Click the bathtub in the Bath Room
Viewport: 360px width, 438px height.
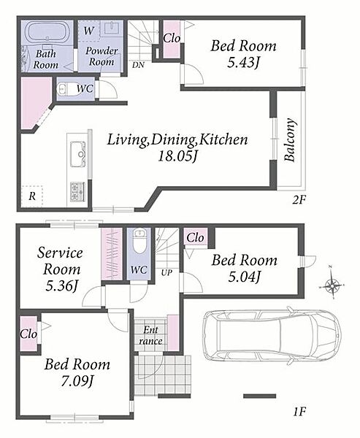coord(47,32)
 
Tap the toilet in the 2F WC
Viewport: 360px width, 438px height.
coord(63,89)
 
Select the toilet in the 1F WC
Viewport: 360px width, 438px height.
coord(139,241)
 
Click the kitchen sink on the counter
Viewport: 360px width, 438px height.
coord(78,154)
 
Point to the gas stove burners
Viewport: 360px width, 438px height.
coord(77,191)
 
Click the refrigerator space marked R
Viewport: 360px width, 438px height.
coord(32,196)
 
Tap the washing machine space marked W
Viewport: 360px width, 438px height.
coord(88,31)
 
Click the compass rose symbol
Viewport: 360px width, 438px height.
coord(332,285)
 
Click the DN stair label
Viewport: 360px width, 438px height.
coord(138,65)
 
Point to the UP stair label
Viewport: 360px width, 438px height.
coord(166,272)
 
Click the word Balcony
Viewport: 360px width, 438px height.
coord(290,139)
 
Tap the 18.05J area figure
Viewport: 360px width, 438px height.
coord(177,156)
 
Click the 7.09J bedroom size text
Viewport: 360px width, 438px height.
coord(77,381)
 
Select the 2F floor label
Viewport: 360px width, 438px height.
coord(299,200)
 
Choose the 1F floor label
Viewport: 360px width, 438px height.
coord(299,412)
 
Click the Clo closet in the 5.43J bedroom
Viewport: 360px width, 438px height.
coord(172,39)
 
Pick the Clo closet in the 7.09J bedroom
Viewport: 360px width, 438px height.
coord(28,334)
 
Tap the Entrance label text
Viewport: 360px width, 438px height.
coord(150,335)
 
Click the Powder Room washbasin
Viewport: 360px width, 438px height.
coord(111,28)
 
